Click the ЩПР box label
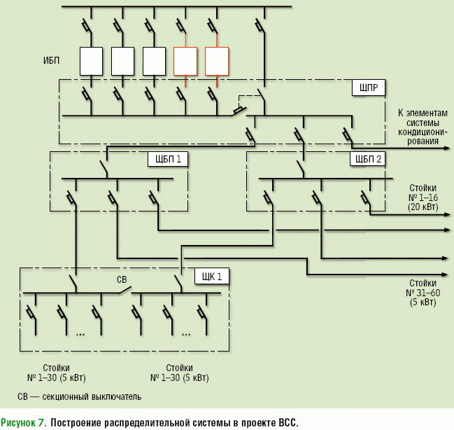pos(367,88)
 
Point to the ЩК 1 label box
pos(211,276)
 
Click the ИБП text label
pos(51,60)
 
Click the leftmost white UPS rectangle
pos(92,61)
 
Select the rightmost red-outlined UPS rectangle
pos(217,61)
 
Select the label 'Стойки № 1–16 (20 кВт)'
pos(423,197)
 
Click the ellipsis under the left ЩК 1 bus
pos(80,334)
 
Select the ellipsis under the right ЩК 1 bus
pos(186,334)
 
